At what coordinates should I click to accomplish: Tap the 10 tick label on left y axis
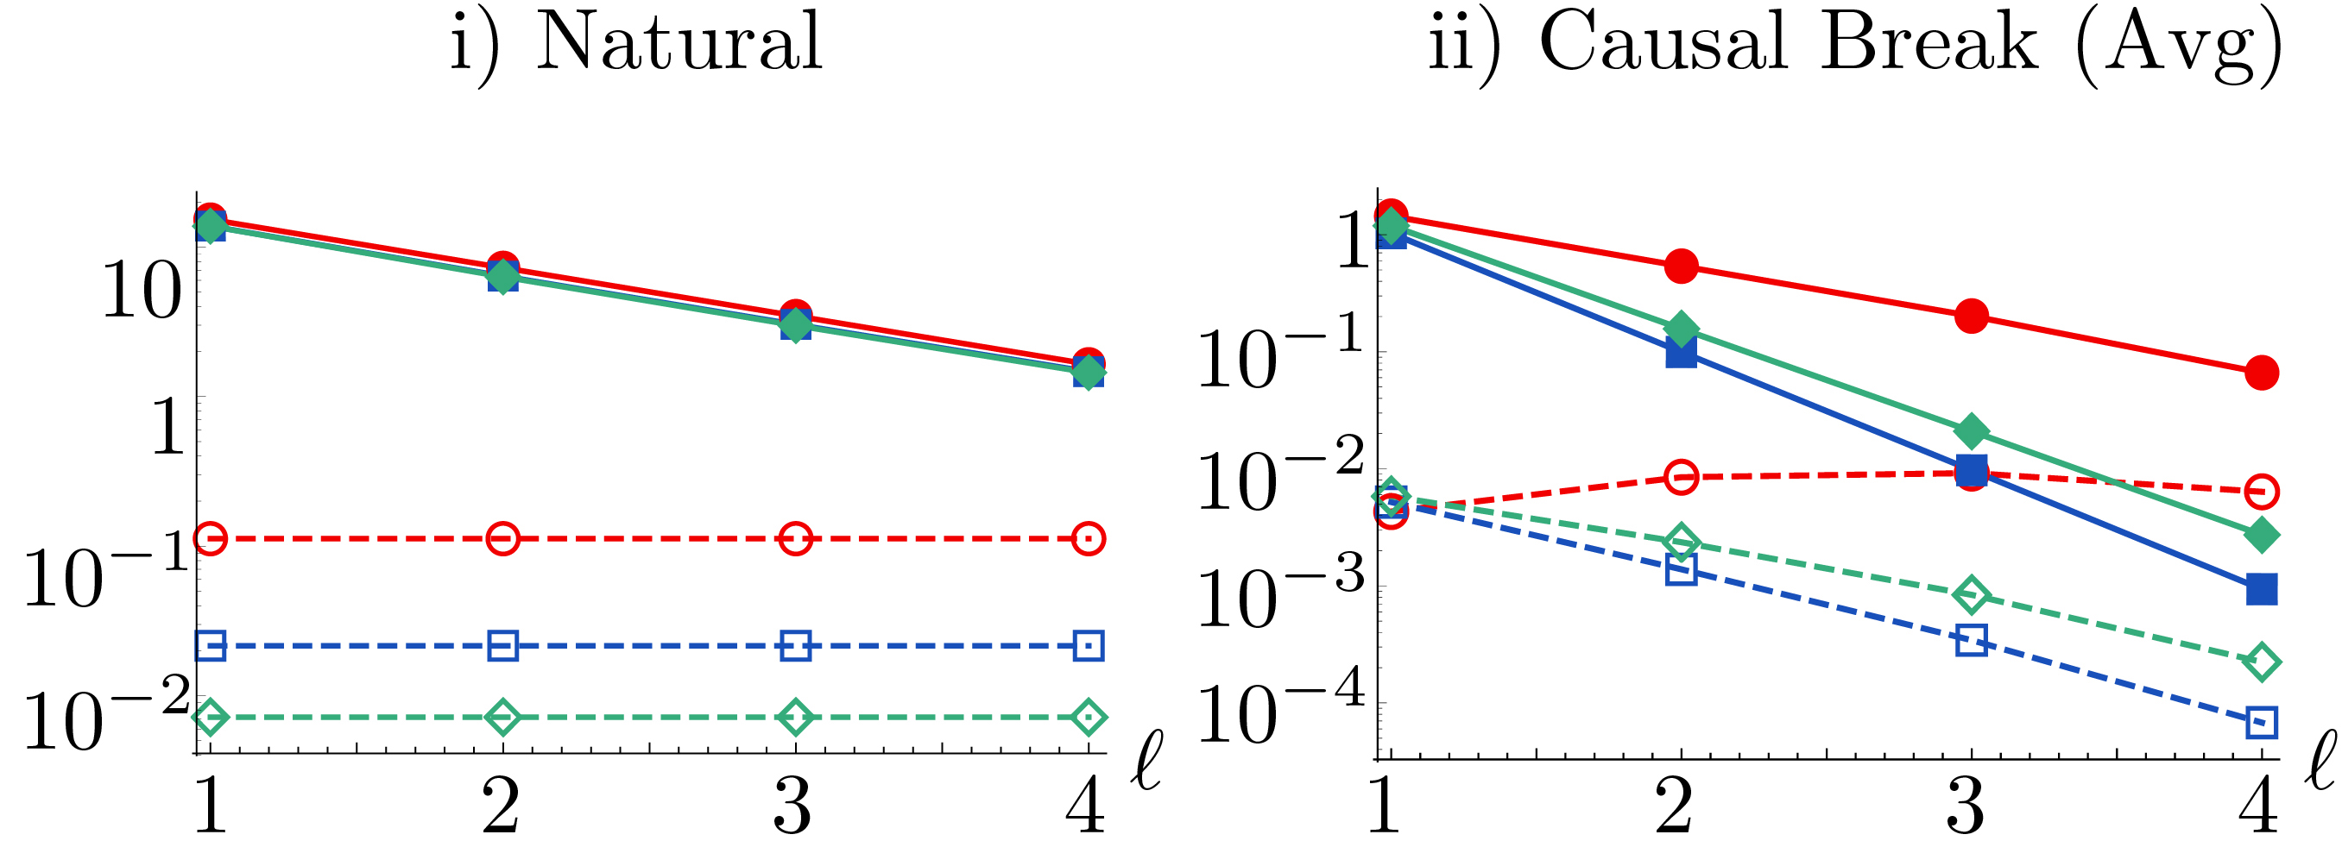pyautogui.click(x=142, y=291)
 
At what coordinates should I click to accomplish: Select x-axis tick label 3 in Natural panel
pyautogui.click(x=792, y=807)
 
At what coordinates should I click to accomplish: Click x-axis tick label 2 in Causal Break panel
pyautogui.click(x=1674, y=807)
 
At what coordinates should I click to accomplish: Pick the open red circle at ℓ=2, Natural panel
pyautogui.click(x=502, y=539)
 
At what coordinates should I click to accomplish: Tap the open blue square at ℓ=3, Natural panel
pyautogui.click(x=796, y=646)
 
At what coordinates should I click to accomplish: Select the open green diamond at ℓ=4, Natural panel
pyautogui.click(x=1089, y=718)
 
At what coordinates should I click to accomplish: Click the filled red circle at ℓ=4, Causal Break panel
pyautogui.click(x=2262, y=373)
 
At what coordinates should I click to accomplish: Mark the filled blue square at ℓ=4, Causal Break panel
pyautogui.click(x=2262, y=589)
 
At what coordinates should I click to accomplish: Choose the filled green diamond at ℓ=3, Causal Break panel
pyautogui.click(x=1971, y=430)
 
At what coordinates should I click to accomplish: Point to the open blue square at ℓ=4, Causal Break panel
pyautogui.click(x=2262, y=723)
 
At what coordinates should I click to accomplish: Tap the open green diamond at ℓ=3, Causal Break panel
pyautogui.click(x=1971, y=595)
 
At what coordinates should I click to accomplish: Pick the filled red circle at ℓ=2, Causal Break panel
pyautogui.click(x=1682, y=267)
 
